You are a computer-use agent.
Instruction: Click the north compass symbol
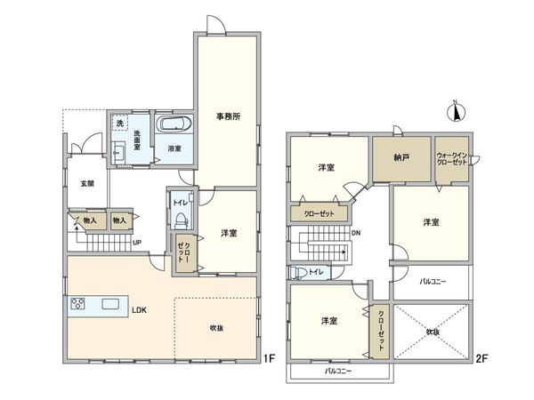click(x=456, y=111)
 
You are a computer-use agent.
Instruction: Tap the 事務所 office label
click(x=228, y=116)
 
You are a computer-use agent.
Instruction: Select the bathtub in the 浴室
click(x=174, y=124)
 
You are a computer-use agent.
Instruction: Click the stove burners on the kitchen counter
click(x=78, y=303)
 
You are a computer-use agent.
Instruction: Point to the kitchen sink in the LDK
click(x=110, y=303)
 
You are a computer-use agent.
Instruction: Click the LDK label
click(x=140, y=310)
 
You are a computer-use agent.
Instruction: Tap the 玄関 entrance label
click(x=87, y=184)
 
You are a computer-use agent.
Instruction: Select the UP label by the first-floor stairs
click(x=137, y=243)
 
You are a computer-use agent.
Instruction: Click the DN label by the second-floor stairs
click(x=356, y=233)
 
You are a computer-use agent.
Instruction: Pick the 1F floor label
click(x=269, y=358)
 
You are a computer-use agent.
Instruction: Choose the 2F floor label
click(x=482, y=358)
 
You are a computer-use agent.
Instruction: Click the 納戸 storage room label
click(x=401, y=158)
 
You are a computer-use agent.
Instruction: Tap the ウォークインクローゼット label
click(x=452, y=159)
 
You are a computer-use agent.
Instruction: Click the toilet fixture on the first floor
click(x=181, y=221)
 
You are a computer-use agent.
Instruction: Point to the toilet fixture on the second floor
click(x=298, y=273)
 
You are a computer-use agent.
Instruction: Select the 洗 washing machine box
click(x=119, y=124)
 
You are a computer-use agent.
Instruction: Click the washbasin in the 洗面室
click(x=118, y=152)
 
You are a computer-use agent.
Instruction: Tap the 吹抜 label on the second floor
click(x=433, y=332)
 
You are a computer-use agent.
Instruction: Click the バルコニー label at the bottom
click(x=338, y=371)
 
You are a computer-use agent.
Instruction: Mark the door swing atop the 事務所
click(x=216, y=24)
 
